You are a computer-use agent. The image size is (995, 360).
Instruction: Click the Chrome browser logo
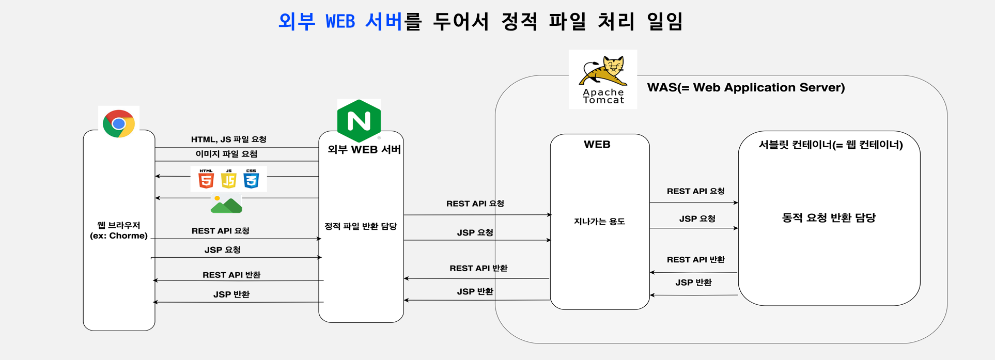point(119,123)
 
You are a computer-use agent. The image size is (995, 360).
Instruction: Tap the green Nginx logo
point(359,121)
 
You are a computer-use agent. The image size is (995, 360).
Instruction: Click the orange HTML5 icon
point(206,179)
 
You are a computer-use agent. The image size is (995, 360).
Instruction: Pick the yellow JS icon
point(228,179)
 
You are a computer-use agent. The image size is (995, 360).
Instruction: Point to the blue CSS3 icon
point(251,179)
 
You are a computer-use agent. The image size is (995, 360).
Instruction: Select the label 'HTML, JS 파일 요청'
point(228,139)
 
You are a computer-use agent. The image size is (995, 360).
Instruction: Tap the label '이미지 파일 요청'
point(226,154)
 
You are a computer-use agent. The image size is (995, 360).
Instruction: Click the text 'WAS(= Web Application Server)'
point(746,87)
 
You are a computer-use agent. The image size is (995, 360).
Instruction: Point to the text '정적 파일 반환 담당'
point(361,226)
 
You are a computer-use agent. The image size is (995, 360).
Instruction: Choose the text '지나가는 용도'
point(599,222)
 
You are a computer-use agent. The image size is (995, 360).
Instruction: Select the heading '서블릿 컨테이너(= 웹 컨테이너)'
point(830,145)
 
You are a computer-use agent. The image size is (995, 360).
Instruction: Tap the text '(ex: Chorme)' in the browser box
point(119,236)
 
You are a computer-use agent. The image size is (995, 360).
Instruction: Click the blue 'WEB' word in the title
point(340,22)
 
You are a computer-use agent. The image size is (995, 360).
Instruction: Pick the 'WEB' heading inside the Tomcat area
point(597,145)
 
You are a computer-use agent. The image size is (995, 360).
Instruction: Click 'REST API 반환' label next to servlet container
point(695,260)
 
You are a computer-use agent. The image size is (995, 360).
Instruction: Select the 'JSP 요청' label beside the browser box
point(222,250)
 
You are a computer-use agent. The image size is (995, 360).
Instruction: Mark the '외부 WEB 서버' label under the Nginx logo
point(364,150)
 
